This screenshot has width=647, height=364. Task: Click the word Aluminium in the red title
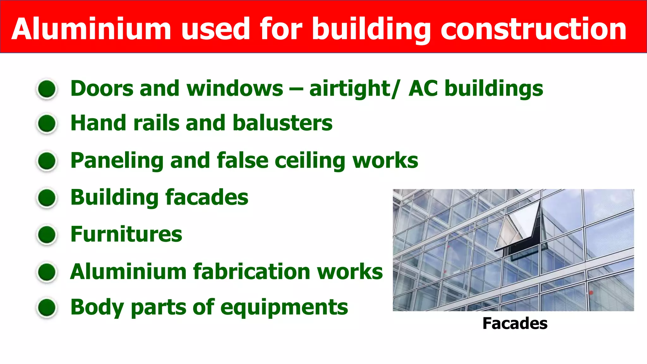point(92,29)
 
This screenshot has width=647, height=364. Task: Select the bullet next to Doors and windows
point(47,89)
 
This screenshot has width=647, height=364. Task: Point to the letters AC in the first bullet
point(423,88)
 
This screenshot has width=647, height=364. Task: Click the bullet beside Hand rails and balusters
point(47,123)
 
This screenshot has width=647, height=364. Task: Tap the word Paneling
point(117,161)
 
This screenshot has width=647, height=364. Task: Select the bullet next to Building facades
point(47,198)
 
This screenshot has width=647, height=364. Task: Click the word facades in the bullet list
point(207,197)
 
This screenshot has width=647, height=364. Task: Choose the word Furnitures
point(126,234)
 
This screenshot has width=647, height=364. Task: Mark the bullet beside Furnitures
point(47,235)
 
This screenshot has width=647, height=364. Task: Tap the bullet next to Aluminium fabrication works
point(47,272)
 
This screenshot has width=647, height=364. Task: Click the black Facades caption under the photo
point(515,324)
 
